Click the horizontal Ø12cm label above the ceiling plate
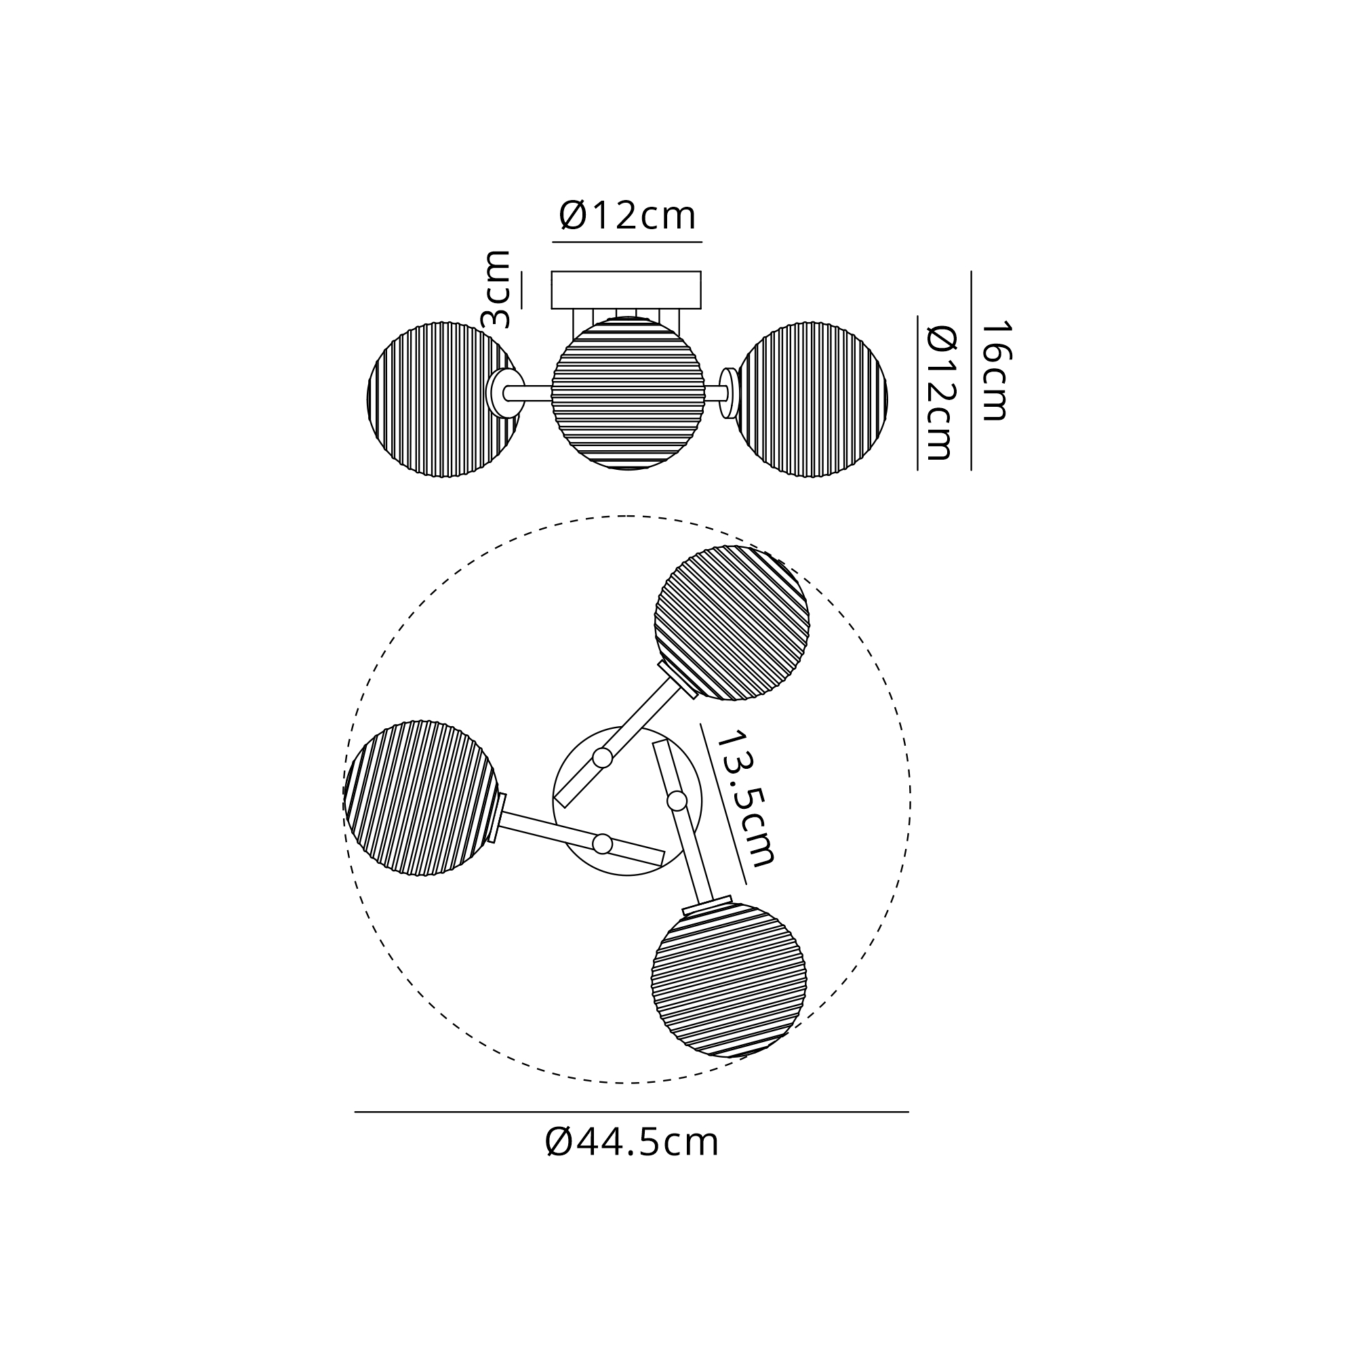(627, 215)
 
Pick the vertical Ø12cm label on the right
(941, 393)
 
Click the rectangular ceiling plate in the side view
(626, 290)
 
